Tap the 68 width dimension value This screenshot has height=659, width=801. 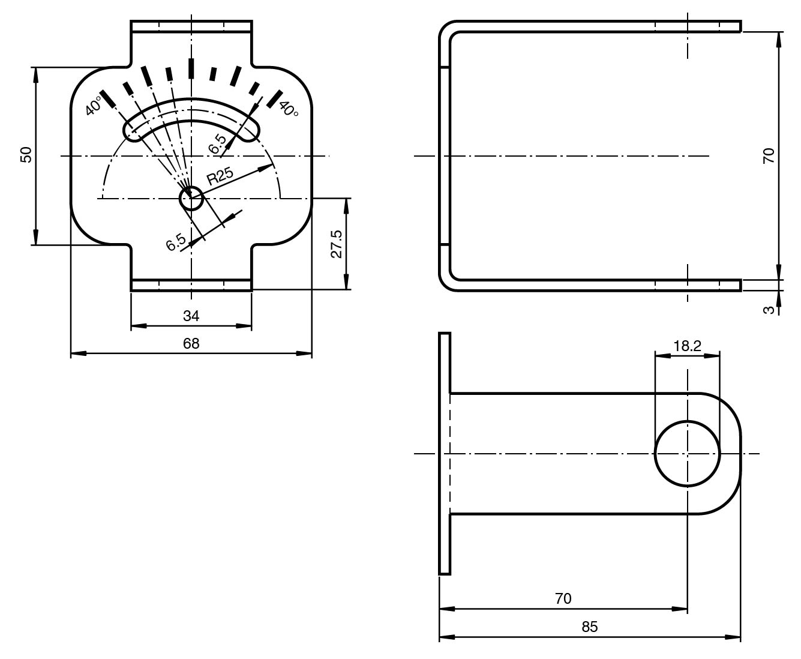(191, 344)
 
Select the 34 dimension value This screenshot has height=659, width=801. (191, 316)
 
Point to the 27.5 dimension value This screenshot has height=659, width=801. (337, 244)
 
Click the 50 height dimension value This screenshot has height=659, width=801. (26, 155)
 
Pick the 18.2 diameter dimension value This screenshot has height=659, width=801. (687, 346)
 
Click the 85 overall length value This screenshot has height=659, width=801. (589, 627)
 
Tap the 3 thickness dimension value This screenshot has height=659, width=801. (769, 310)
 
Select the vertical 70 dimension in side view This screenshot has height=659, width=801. (769, 155)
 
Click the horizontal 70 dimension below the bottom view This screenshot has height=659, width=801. (563, 599)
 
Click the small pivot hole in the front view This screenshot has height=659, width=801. (191, 198)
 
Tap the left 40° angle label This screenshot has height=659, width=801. (94, 106)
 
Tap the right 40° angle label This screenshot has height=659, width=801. (289, 109)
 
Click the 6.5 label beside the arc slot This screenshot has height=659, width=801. (218, 144)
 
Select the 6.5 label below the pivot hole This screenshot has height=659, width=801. (176, 242)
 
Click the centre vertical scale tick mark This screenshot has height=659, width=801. (191, 68)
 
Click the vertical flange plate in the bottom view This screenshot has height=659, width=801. (445, 454)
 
